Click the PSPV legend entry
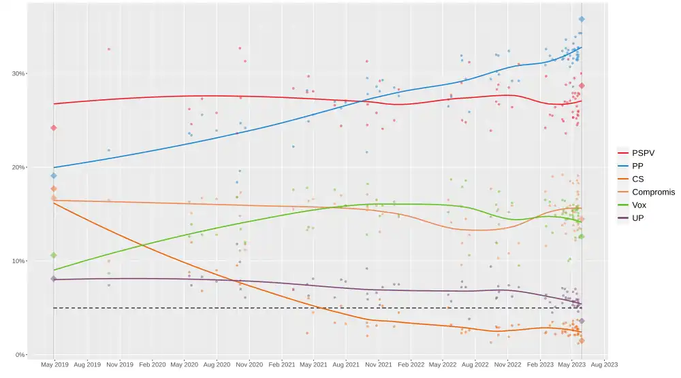643,153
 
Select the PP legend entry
638,166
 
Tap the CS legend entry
638,179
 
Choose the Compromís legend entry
652,192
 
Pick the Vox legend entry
639,205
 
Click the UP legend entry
638,218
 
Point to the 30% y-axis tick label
19,73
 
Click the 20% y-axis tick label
19,167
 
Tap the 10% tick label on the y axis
19,261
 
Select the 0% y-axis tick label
21,355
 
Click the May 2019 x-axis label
54,365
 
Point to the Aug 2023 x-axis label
604,365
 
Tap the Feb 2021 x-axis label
282,365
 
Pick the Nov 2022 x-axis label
507,365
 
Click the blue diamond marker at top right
582,19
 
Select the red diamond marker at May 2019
54,128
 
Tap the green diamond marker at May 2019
54,256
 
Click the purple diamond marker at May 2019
54,279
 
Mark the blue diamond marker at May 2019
54,176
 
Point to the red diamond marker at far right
582,86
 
